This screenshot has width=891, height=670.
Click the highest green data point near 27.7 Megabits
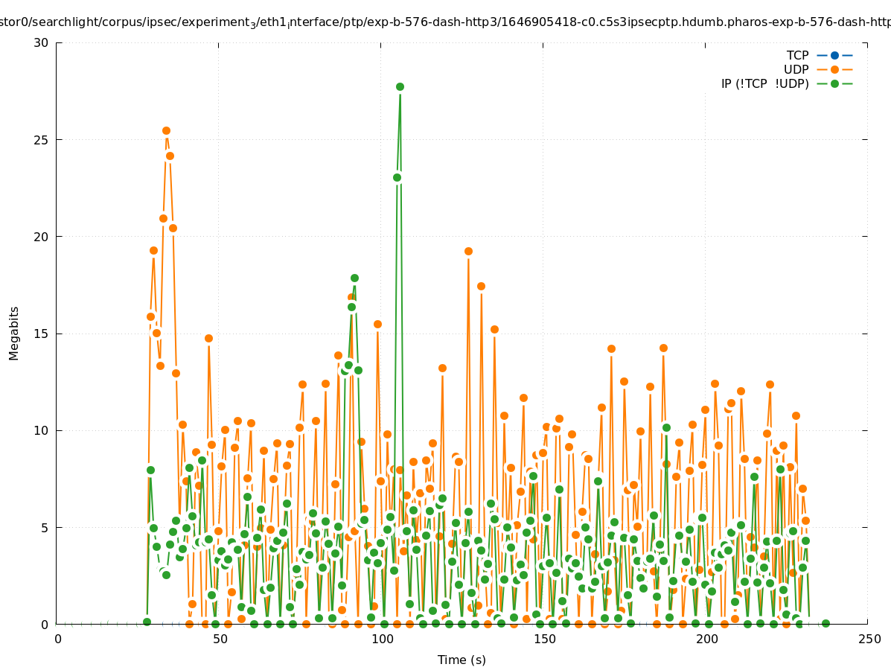tap(400, 86)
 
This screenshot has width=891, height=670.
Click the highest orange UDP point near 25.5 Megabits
tap(166, 130)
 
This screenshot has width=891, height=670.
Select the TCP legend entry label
tap(797, 55)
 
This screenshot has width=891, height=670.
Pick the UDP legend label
tap(796, 69)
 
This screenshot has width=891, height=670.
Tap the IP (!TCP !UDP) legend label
tap(764, 83)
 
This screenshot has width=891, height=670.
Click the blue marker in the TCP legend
tap(834, 55)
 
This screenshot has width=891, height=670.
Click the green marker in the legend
tap(834, 83)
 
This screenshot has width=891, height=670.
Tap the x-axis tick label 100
tap(382, 639)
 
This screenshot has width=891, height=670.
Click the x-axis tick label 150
tap(544, 639)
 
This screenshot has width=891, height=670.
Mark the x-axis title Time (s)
tap(462, 660)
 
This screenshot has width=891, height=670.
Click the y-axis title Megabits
tap(14, 333)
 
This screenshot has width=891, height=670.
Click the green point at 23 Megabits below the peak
tap(397, 177)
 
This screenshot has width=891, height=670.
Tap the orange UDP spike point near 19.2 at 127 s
tap(468, 251)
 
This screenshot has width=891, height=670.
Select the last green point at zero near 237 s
tap(825, 623)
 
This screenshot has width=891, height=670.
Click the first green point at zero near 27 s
tap(147, 622)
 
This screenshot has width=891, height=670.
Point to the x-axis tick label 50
tap(220, 639)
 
